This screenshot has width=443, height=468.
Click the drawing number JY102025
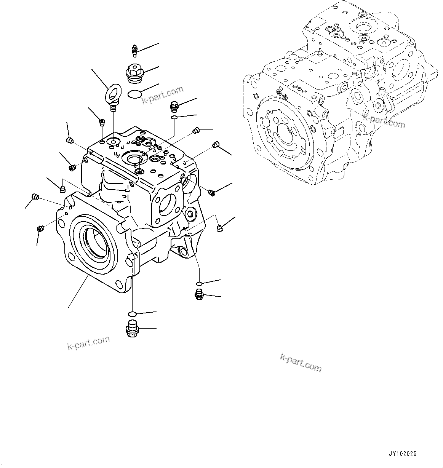pyautogui.click(x=403, y=454)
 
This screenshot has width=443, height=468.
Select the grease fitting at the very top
pyautogui.click(x=134, y=50)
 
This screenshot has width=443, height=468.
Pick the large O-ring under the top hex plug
pyautogui.click(x=134, y=93)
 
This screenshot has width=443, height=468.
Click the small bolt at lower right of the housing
pyautogui.click(x=198, y=294)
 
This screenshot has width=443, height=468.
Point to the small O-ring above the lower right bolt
pyautogui.click(x=199, y=284)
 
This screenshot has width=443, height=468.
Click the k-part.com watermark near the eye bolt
pyautogui.click(x=162, y=96)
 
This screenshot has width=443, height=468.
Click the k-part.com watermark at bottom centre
pyautogui.click(x=301, y=363)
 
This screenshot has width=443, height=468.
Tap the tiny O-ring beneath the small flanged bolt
pyautogui.click(x=174, y=117)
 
